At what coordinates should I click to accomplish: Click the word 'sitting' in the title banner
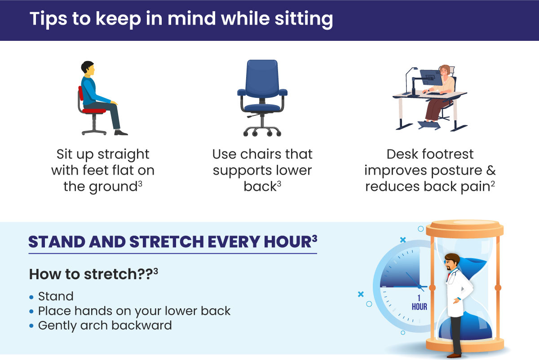pos(304,19)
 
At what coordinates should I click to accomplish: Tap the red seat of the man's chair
pos(94,111)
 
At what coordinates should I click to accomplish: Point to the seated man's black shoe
pos(121,132)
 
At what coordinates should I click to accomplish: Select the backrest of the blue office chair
pos(262,78)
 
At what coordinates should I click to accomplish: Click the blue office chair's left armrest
pos(242,92)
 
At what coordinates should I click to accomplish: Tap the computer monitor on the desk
pos(431,77)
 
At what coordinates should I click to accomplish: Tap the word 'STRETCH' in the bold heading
pos(167,241)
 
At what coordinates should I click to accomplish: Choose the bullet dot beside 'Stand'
pos(31,297)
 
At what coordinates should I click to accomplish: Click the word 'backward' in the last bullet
pos(141,325)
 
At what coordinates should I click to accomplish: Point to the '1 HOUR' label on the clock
pos(419,303)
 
